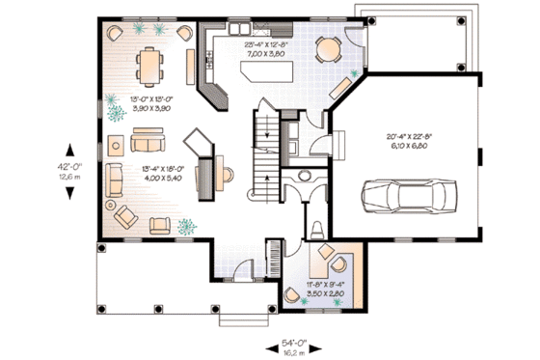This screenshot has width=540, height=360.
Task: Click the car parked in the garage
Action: coord(404,197)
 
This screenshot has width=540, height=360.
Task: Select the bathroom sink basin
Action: coord(307,176)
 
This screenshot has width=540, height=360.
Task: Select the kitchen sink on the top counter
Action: coord(239,30)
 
